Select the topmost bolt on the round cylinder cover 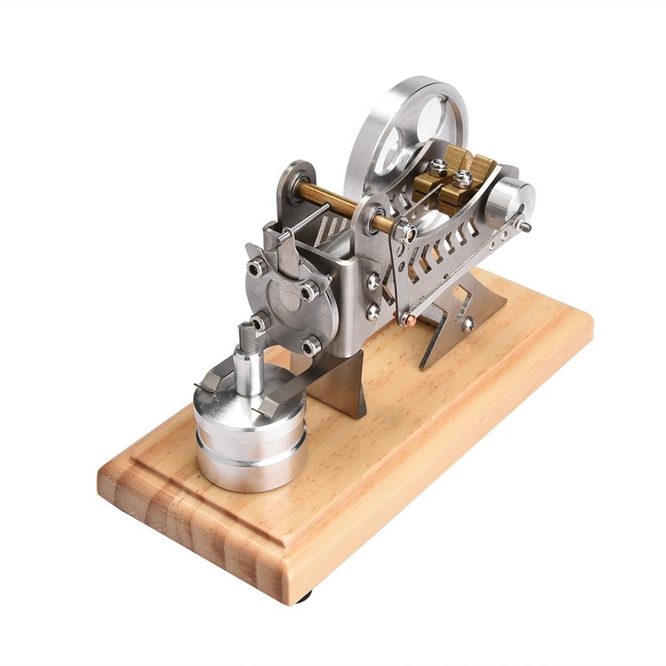[x=257, y=266]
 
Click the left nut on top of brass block [x=437, y=166]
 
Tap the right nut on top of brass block [x=462, y=178]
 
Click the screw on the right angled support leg [x=469, y=323]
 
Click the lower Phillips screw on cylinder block [x=373, y=311]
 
